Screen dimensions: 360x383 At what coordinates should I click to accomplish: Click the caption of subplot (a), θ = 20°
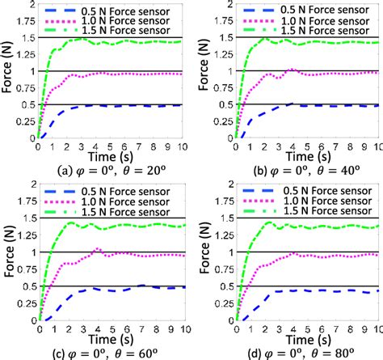[x=103, y=169]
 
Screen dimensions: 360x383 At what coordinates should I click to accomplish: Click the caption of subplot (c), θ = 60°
[x=103, y=351]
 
